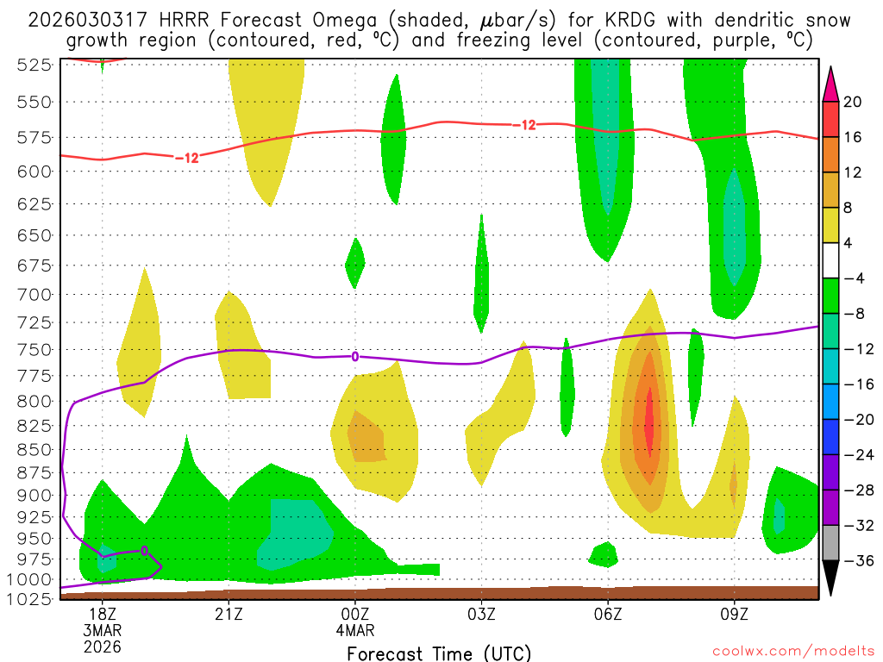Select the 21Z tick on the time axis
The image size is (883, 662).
click(228, 614)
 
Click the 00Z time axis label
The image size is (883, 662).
click(354, 614)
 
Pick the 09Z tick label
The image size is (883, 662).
click(734, 614)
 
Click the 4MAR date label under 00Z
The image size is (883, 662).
click(354, 630)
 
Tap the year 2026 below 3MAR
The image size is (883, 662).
click(102, 646)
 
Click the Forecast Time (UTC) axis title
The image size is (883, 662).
click(439, 653)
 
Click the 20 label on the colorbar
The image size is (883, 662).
click(853, 102)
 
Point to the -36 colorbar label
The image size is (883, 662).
click(856, 561)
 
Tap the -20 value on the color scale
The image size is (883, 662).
click(856, 420)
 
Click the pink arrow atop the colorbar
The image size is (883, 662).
click(830, 83)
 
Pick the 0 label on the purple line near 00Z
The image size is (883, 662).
click(354, 356)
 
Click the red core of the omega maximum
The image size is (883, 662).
click(648, 422)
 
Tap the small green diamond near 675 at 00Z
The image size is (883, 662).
click(354, 264)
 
